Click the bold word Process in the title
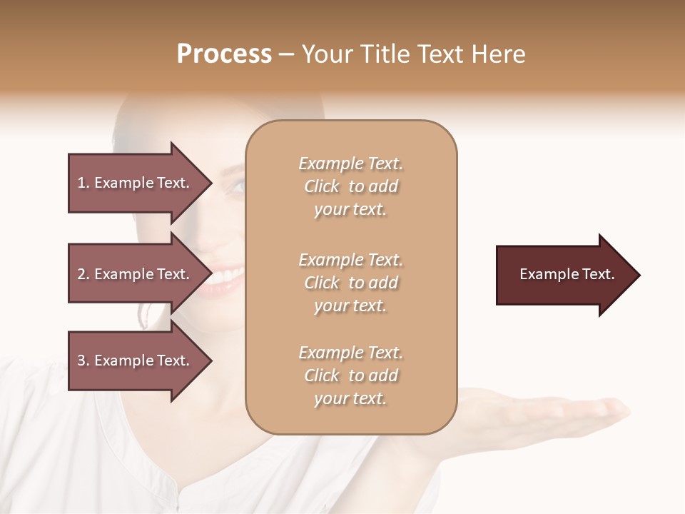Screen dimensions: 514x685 click(x=224, y=54)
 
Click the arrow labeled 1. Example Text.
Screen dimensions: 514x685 click(x=136, y=183)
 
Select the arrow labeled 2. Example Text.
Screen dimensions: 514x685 click(x=136, y=274)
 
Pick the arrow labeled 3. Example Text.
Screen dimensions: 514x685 click(x=136, y=361)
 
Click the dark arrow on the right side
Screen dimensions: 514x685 click(x=564, y=275)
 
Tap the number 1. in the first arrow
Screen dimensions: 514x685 click(x=83, y=183)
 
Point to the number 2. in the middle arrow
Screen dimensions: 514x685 click(x=83, y=274)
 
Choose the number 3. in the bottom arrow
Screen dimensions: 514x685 click(x=83, y=361)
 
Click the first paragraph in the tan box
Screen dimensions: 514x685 click(x=350, y=186)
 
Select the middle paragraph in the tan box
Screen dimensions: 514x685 click(x=350, y=283)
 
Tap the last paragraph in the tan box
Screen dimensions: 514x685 click(x=350, y=376)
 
